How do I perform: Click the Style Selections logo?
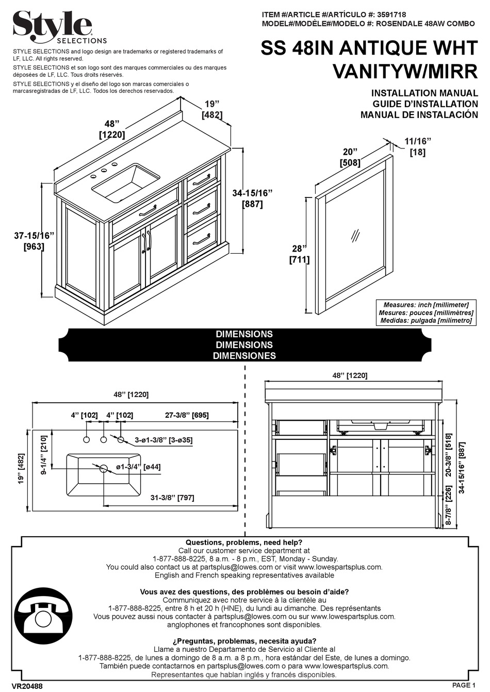[x=59, y=26]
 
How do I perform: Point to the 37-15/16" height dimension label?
[x=34, y=241]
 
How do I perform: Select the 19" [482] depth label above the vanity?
[x=212, y=110]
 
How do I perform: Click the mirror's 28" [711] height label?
[x=299, y=254]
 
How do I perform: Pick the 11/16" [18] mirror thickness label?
[x=417, y=147]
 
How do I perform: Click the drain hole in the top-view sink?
[x=104, y=468]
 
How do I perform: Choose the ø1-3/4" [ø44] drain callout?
[x=138, y=467]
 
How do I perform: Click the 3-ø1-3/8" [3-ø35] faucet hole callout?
[x=164, y=440]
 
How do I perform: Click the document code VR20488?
[x=27, y=686]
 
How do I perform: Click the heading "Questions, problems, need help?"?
[x=244, y=542]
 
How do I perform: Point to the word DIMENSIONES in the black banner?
[x=244, y=356]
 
